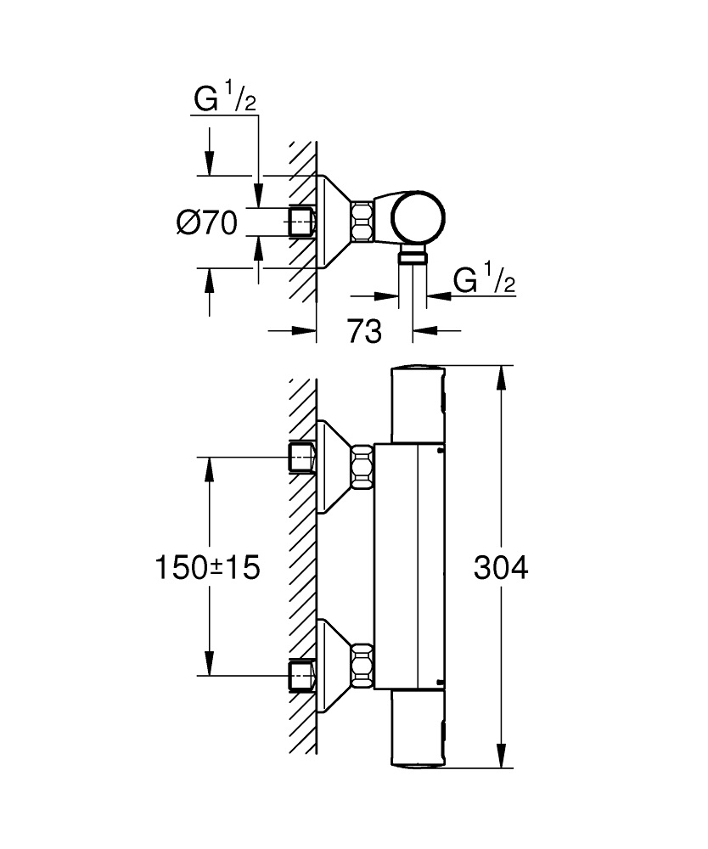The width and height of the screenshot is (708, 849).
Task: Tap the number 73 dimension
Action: click(364, 332)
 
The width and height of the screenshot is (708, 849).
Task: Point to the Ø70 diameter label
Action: click(206, 223)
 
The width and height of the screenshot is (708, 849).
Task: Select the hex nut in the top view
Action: click(363, 222)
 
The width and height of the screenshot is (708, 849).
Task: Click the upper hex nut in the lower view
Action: click(363, 466)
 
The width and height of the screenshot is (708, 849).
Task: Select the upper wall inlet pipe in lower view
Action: click(302, 458)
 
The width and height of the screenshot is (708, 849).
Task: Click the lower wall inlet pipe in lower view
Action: click(302, 676)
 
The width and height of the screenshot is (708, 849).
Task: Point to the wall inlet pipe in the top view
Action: click(302, 222)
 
